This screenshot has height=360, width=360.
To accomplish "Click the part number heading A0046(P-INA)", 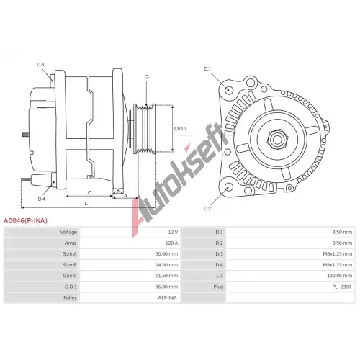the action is pyautogui.click(x=25, y=221).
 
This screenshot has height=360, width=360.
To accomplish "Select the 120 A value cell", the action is pyautogui.click(x=171, y=243).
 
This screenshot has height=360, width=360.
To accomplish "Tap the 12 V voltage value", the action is pyautogui.click(x=173, y=232).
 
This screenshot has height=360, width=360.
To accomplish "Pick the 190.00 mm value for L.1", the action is pyautogui.click(x=340, y=276).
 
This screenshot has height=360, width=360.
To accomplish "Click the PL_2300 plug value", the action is pyautogui.click(x=342, y=287).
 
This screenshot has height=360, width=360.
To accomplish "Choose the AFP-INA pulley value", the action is pyautogui.click(x=167, y=297).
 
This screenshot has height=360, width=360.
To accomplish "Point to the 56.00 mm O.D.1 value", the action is pyautogui.click(x=166, y=287).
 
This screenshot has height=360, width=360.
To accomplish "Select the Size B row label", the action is pyautogui.click(x=70, y=265).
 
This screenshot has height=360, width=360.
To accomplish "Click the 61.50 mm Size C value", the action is pyautogui.click(x=166, y=276).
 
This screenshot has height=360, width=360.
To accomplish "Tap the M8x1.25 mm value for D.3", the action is pyautogui.click(x=338, y=254).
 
